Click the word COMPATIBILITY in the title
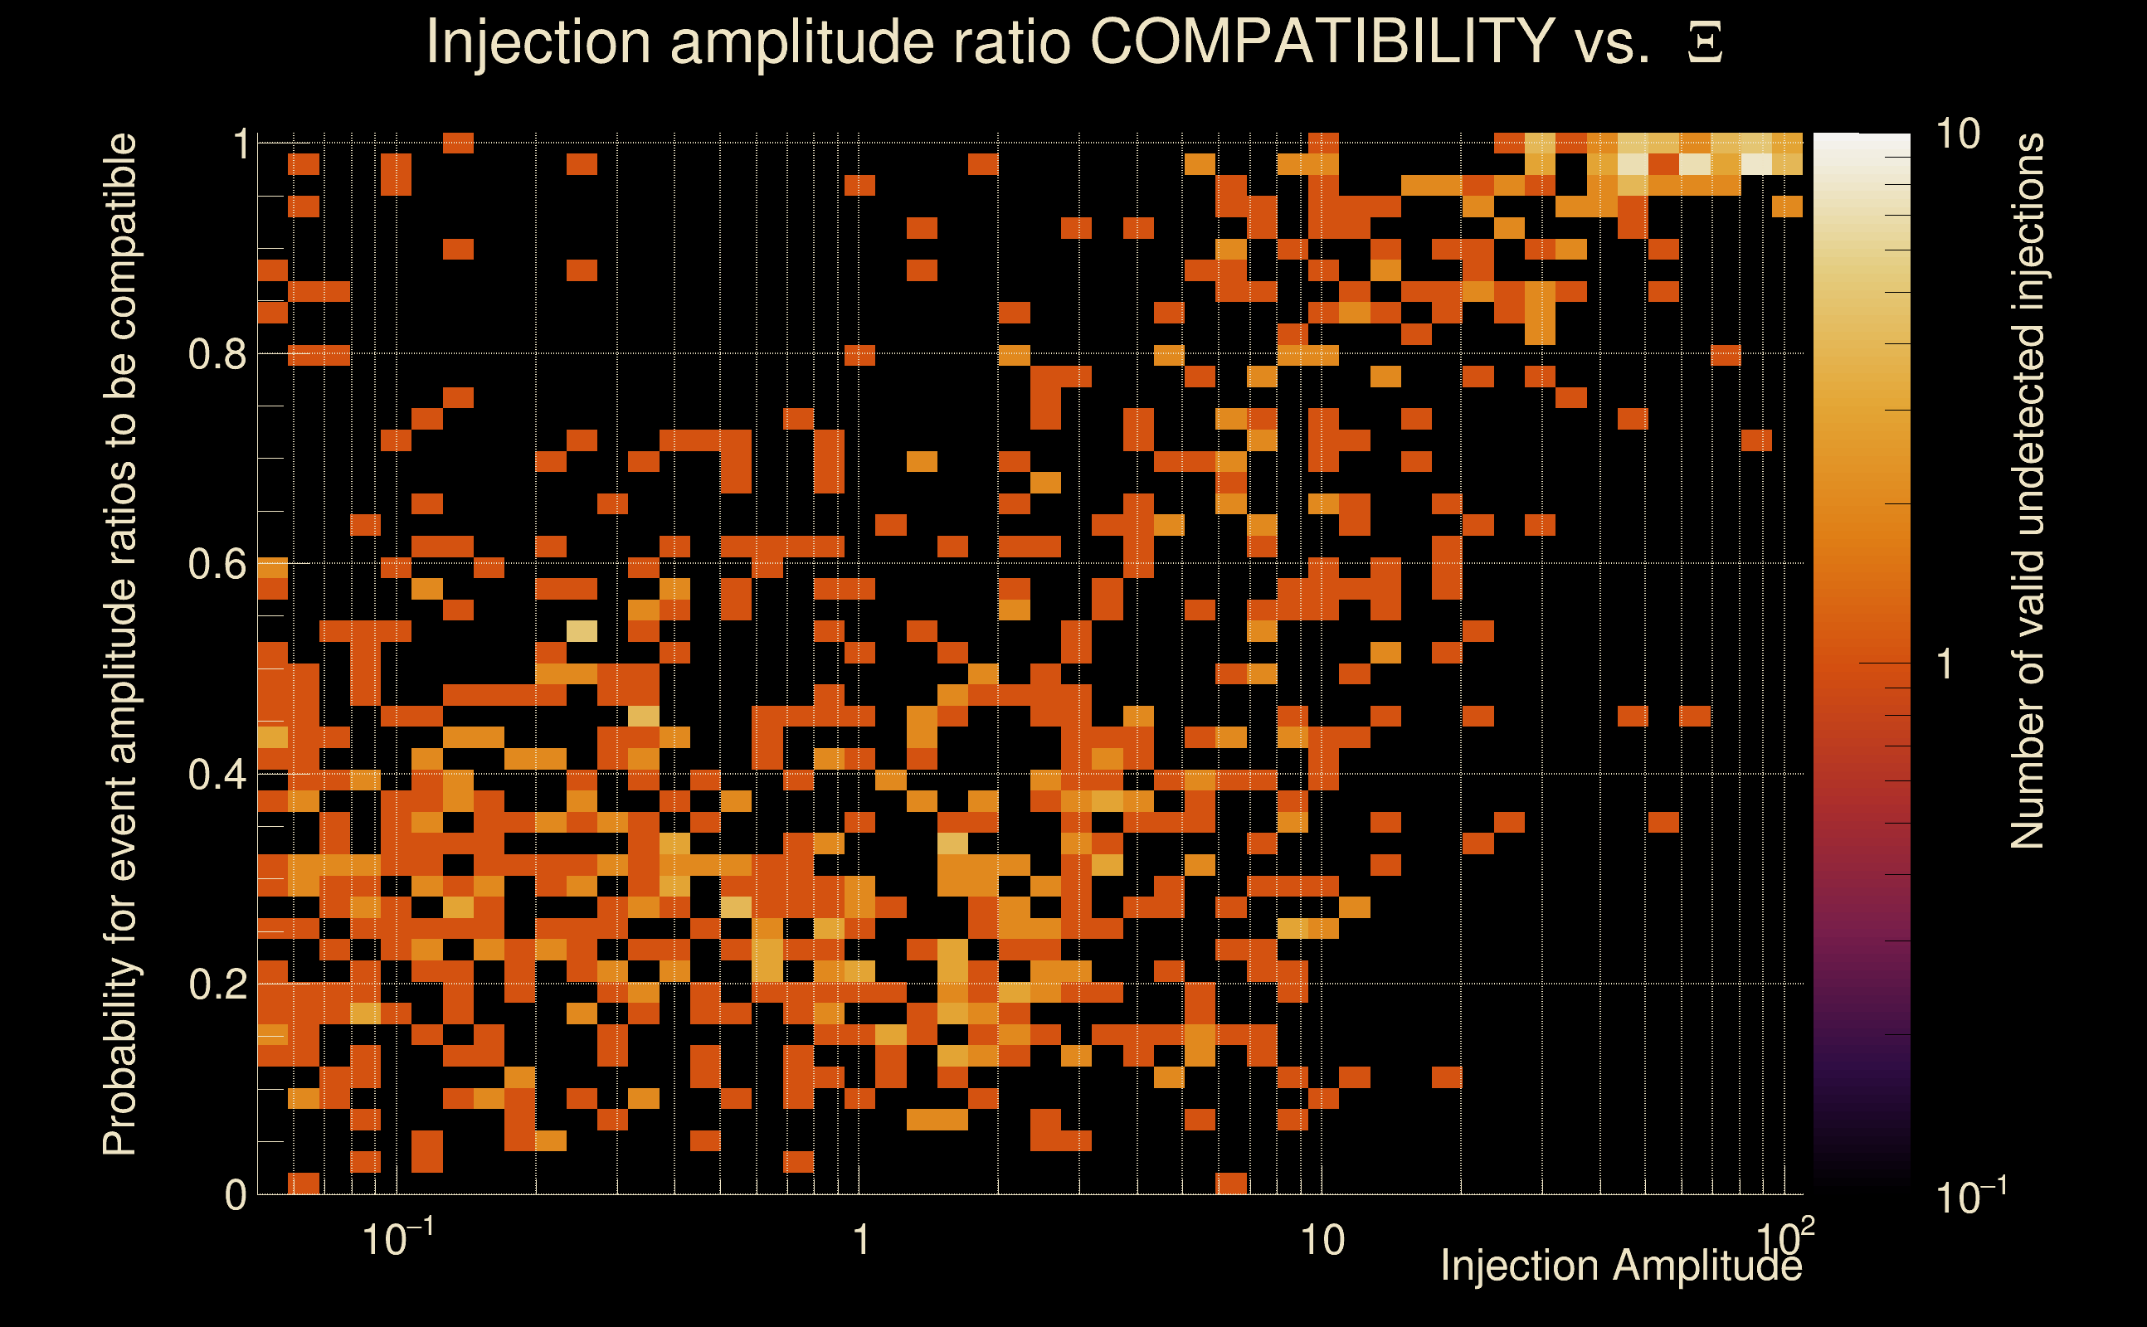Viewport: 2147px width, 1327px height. (1322, 41)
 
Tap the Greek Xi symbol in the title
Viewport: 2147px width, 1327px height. (1705, 43)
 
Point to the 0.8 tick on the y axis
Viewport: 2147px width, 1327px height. (217, 355)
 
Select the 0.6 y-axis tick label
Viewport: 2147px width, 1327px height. (217, 564)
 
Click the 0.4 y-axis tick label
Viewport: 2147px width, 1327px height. (217, 775)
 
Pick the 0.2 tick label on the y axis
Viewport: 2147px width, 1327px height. (217, 984)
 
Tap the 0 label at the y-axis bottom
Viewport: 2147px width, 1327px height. (236, 1195)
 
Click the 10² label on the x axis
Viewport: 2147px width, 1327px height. (1785, 1237)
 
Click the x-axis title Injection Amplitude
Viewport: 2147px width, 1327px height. (1621, 1266)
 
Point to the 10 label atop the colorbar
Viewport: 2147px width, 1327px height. (1957, 135)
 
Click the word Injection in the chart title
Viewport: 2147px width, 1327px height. (538, 41)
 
